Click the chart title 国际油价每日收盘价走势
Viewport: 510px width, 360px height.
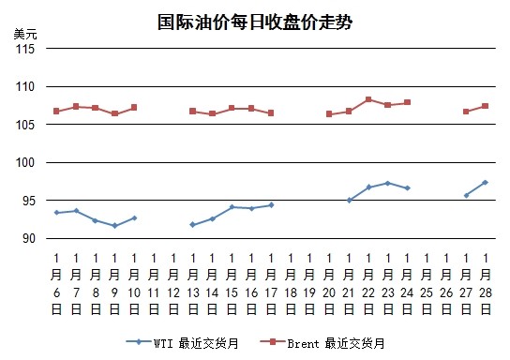pos(255,22)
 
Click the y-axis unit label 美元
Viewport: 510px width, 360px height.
pos(25,34)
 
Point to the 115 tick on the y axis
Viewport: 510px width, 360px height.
pos(25,49)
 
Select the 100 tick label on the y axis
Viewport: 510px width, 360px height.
pos(25,162)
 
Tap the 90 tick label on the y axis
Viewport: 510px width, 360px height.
pos(29,238)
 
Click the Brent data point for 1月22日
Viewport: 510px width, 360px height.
pos(368,99)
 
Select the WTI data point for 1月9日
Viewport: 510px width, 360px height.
pos(114,226)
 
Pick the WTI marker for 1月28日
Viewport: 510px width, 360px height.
pos(485,183)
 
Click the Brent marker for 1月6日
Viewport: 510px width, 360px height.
pos(56,112)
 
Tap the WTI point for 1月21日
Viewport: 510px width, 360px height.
pos(349,201)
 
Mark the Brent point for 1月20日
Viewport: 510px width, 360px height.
pos(329,113)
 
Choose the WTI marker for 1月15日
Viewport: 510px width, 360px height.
pos(232,207)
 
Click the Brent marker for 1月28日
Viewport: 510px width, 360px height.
pos(485,106)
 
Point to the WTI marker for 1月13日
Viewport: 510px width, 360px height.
pos(192,225)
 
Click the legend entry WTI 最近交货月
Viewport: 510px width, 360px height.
pos(182,343)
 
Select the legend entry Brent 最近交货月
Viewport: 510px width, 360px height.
pos(322,343)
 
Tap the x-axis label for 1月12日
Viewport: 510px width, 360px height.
pos(173,284)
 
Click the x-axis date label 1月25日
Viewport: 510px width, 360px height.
pos(427,284)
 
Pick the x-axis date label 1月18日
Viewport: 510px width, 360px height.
pos(291,284)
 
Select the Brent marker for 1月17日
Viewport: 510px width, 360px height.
pos(271,112)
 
